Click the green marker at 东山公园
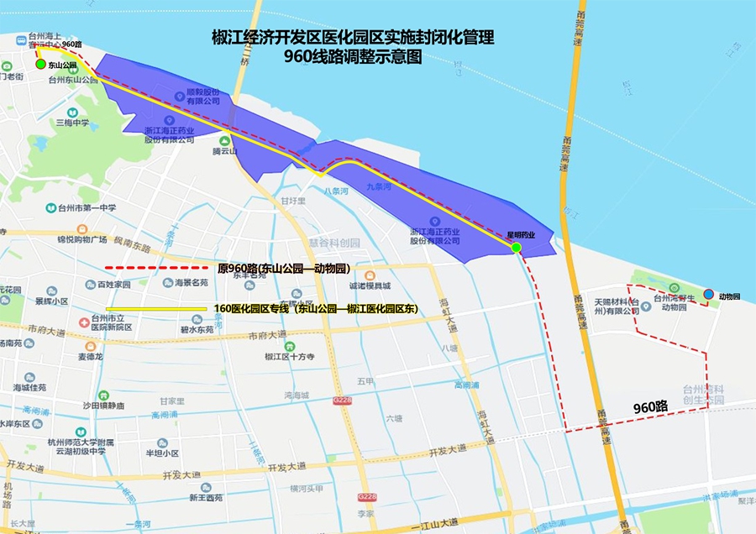(x=40, y=64)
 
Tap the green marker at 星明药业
(x=517, y=247)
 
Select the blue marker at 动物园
(x=709, y=295)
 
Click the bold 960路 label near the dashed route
(x=650, y=407)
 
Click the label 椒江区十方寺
(x=289, y=356)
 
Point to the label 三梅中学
(x=72, y=123)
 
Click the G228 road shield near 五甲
(x=341, y=401)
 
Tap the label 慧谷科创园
(x=333, y=243)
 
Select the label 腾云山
(x=225, y=151)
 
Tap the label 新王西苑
(x=205, y=497)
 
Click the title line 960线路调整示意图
(x=352, y=59)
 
